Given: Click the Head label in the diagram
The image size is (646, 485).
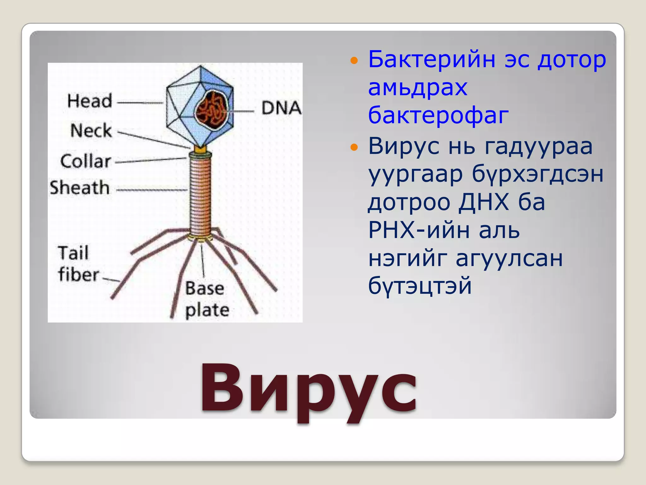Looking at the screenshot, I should tap(90, 101).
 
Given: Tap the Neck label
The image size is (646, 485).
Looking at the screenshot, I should tap(91, 130).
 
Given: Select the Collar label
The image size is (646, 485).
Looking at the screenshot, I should tap(85, 161).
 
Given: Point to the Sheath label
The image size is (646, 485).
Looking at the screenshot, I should tap(80, 188).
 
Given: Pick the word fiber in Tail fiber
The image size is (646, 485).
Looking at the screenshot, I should tap(79, 274).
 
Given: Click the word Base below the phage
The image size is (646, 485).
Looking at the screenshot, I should tap(204, 288).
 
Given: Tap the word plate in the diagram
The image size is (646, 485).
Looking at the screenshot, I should tap(207, 310).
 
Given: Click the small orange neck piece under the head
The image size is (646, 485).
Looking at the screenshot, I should tap(200, 148).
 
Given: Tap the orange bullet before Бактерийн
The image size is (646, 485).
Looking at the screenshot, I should tap(354, 60).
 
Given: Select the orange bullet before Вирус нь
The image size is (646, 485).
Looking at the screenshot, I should tap(354, 147).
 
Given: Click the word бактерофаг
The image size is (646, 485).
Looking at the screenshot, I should tap(438, 115).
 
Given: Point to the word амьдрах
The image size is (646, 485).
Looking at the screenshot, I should tap(418, 87).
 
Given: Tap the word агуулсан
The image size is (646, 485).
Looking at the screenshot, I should tap(509, 258).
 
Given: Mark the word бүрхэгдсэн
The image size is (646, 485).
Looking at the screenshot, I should tap(537, 174).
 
